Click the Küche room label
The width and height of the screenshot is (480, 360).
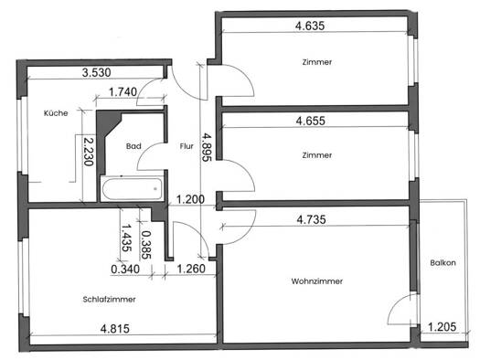click(56, 113)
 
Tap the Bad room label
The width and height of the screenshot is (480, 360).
click(133, 146)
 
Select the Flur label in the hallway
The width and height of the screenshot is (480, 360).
click(187, 146)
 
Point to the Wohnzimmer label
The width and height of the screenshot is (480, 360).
click(317, 281)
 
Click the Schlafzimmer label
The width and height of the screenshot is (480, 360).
click(110, 299)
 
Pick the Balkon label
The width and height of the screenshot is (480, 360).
click(443, 263)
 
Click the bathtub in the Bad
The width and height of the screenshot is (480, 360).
click(132, 188)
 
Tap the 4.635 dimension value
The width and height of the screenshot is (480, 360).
click(310, 26)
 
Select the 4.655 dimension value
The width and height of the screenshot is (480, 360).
click(311, 121)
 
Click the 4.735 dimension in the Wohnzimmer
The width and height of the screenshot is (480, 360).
click(312, 219)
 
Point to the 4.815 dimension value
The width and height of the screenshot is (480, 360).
click(115, 329)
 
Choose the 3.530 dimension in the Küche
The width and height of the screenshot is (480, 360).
click(96, 73)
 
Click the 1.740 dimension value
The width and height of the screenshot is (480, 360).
click(123, 91)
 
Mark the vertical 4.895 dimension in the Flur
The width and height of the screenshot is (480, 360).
click(207, 147)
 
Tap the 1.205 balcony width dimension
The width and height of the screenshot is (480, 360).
click(442, 327)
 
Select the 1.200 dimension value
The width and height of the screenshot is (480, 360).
click(190, 199)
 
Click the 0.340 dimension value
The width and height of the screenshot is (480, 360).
click(125, 270)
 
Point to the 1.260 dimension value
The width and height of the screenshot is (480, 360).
click(191, 269)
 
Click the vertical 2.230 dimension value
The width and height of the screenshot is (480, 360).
click(89, 152)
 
